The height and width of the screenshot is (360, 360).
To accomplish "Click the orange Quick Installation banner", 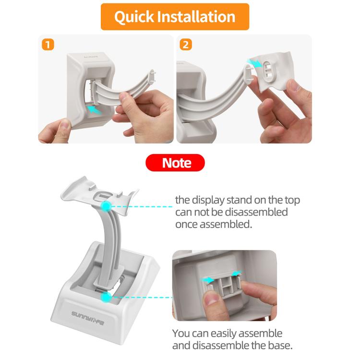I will [x=175, y=17].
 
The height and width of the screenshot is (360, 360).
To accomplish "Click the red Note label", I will [x=175, y=163].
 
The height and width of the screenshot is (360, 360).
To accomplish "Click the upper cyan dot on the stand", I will [x=106, y=205].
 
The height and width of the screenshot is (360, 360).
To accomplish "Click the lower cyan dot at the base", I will [x=106, y=298].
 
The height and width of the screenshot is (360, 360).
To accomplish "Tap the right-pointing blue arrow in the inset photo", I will [x=237, y=274].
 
